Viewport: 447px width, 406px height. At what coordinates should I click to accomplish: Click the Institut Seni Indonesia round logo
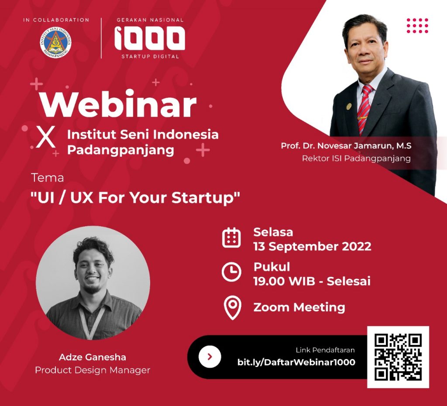tap(55, 42)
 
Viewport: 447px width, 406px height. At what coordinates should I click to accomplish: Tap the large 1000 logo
tap(150, 38)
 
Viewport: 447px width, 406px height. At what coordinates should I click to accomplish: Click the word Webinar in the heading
tap(118, 103)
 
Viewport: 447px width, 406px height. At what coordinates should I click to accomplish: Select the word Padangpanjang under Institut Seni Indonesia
tap(120, 150)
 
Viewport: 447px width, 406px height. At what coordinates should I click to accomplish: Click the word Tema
tap(47, 178)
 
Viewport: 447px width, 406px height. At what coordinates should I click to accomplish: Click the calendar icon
tap(231, 237)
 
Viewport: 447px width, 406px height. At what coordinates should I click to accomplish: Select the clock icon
tap(231, 272)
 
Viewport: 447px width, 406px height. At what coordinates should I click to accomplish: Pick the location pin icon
tap(233, 307)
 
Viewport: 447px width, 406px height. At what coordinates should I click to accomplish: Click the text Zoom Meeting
tap(299, 307)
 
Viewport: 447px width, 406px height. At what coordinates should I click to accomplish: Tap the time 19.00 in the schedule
tap(269, 281)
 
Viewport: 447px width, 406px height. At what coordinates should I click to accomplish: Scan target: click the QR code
tap(398, 357)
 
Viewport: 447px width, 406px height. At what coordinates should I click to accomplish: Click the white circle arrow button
tap(210, 357)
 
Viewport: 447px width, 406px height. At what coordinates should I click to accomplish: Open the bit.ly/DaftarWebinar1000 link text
tap(296, 362)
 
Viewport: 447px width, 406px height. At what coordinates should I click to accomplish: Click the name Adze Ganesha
tap(93, 357)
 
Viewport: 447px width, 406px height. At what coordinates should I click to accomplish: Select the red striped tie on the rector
tap(364, 109)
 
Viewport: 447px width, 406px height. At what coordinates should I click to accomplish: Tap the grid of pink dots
tap(417, 26)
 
